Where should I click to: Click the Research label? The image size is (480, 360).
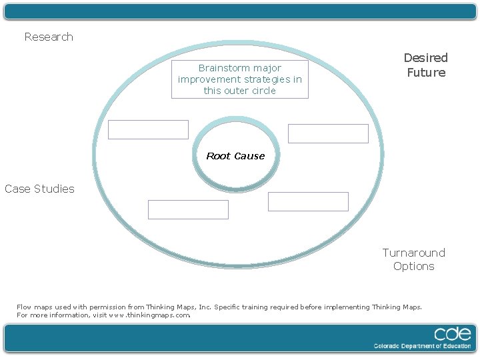tap(49, 37)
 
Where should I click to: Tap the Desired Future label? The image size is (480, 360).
tap(426, 65)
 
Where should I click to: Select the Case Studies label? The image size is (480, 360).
tap(39, 189)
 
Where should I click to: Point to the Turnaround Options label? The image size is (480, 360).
tap(414, 259)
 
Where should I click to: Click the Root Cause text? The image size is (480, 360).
tap(235, 156)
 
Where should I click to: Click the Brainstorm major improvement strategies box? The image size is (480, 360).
tap(240, 79)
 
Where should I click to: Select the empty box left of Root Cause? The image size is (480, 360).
tap(148, 129)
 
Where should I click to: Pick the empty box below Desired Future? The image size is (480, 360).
tap(328, 133)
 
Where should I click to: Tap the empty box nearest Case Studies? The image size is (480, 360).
tap(188, 209)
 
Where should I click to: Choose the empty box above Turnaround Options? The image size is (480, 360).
tap(308, 201)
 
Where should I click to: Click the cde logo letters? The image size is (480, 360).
tap(453, 333)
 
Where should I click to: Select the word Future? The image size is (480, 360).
tap(426, 73)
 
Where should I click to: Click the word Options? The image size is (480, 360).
tap(414, 267)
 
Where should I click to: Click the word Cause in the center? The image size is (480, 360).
tap(249, 156)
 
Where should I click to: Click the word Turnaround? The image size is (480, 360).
tap(414, 253)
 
